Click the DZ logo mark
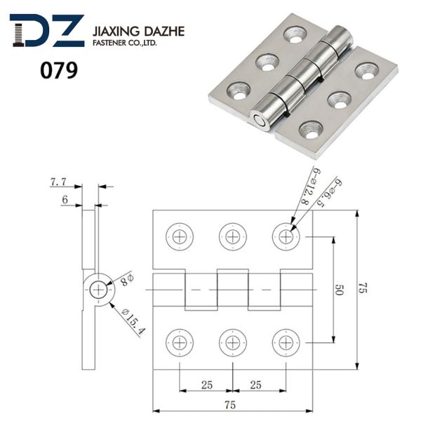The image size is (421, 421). click(47, 31)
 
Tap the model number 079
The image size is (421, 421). click(59, 70)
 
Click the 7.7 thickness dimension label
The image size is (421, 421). click(58, 182)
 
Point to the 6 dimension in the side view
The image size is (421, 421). click(65, 200)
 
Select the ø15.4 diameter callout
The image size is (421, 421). click(133, 321)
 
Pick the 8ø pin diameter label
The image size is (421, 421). click(126, 280)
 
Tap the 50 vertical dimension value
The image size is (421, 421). click(340, 290)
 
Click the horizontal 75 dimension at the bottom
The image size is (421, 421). click(230, 405)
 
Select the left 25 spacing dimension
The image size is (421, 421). click(207, 385)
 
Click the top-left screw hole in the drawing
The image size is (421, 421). click(180, 237)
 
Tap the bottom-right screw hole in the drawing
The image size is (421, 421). click(286, 343)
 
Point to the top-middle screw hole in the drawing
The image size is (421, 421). click(232, 237)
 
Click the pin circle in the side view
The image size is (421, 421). click(98, 290)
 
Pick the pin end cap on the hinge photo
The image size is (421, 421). click(260, 121)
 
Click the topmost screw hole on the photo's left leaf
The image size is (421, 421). click(295, 34)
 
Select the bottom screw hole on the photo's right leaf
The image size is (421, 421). click(311, 130)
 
